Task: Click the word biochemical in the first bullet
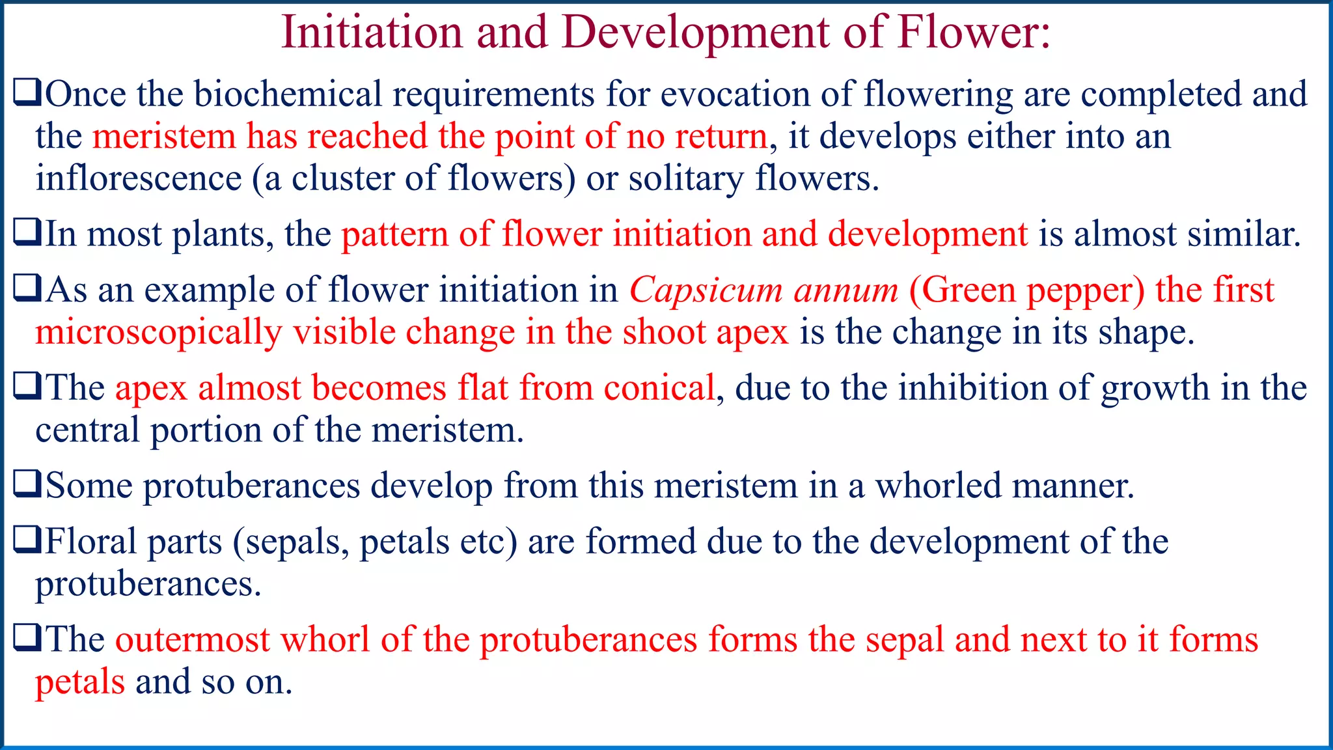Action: [x=287, y=94]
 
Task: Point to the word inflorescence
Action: [x=139, y=178]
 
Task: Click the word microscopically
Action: [x=158, y=333]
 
